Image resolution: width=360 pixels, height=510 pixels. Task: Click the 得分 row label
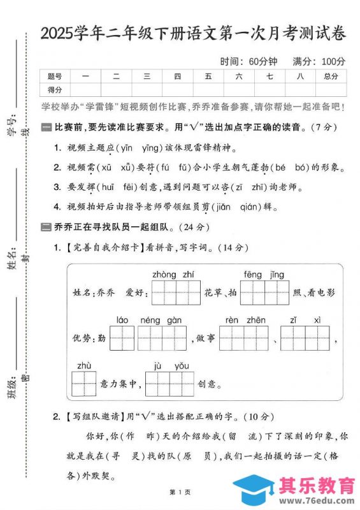point(55,89)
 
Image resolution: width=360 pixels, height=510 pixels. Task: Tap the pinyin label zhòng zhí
point(173,274)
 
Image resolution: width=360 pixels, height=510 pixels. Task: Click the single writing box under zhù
point(83,384)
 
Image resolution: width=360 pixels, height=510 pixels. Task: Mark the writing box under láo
point(122,338)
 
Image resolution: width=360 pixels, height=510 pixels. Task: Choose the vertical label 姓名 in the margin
point(11,258)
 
